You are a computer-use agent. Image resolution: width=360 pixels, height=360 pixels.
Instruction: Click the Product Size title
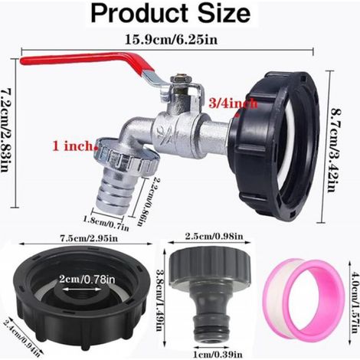point(171,13)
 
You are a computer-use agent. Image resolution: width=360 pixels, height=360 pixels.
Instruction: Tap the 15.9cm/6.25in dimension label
point(172,40)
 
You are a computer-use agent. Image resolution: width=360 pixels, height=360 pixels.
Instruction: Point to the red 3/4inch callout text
point(233,103)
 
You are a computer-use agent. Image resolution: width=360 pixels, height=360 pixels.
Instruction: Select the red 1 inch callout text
point(73,146)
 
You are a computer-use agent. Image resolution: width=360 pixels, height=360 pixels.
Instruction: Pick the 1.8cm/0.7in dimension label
point(106,222)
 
